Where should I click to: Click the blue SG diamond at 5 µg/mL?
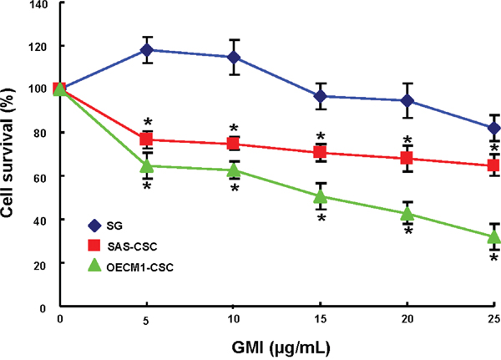point(147,50)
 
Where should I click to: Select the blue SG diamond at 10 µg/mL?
point(234,57)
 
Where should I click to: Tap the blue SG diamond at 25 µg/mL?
point(493,128)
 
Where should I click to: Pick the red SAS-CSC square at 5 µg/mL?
point(147,139)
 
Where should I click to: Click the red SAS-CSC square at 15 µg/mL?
point(321,152)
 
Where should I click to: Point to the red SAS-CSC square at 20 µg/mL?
point(407,158)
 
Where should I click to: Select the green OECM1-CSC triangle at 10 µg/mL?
point(234,170)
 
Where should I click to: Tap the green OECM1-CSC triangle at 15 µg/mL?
point(321,196)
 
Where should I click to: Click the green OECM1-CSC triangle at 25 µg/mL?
point(493,236)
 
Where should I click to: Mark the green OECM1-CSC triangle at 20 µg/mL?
point(407,213)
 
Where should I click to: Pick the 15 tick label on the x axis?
point(321,320)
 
